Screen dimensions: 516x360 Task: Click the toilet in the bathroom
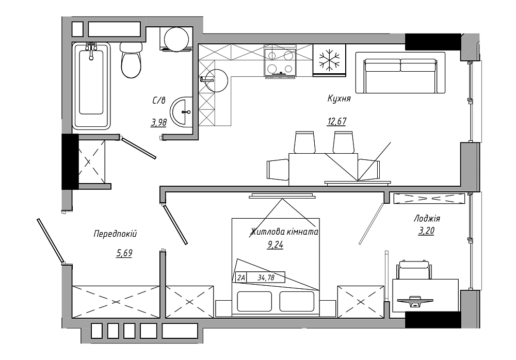(x=131, y=60)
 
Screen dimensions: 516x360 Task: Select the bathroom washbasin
(x=181, y=112)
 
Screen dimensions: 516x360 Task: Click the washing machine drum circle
(x=176, y=40)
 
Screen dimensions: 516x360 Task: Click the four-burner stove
(x=280, y=61)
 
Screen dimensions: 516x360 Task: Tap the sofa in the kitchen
(x=400, y=72)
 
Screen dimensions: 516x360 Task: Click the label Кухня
(x=339, y=98)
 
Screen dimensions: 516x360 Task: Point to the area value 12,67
(x=336, y=121)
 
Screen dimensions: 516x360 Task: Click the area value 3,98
(x=158, y=123)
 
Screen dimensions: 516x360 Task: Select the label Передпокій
(x=115, y=234)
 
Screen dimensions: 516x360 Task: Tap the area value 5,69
(x=124, y=253)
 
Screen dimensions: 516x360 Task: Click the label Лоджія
(x=427, y=219)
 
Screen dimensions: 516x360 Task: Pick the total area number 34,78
(x=266, y=277)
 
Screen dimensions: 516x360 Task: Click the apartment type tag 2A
(x=241, y=277)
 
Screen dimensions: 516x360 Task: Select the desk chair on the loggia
(x=414, y=270)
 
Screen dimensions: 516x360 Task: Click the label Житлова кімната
(x=285, y=232)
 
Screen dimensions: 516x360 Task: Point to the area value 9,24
(x=276, y=245)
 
